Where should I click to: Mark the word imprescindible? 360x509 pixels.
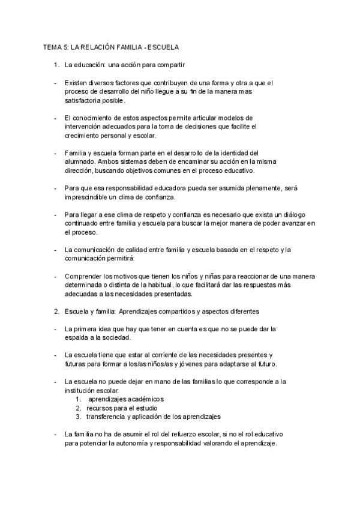click(88, 197)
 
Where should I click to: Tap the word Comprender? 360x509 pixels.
click(85, 276)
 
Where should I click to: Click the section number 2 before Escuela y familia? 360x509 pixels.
click(56, 312)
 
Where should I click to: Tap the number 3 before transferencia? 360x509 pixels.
click(78, 416)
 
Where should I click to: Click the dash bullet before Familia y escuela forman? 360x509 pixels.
click(55, 153)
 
